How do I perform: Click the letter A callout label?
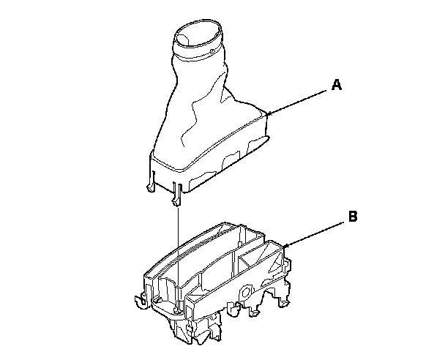pos(337,85)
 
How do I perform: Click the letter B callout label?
pos(352,216)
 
